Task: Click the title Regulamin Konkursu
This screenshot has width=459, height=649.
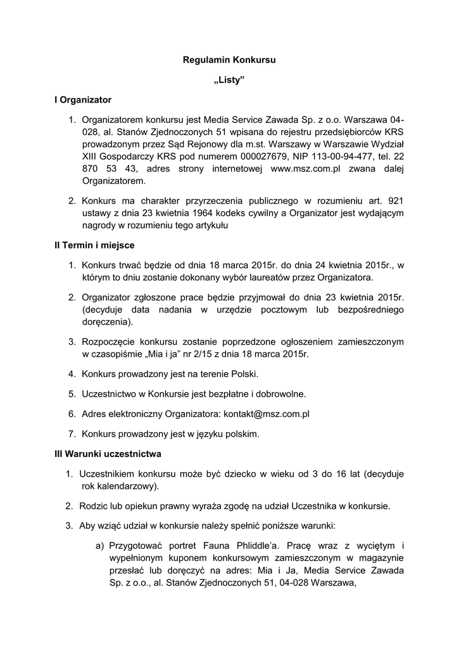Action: pos(229,61)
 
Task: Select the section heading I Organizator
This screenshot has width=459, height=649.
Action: pos(83,100)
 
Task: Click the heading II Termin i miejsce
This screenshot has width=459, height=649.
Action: pos(94,245)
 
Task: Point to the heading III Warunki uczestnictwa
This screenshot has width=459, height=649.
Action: pos(108,454)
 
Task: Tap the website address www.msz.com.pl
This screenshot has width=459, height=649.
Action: pos(306,169)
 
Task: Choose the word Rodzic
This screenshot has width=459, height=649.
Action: pos(93,506)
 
